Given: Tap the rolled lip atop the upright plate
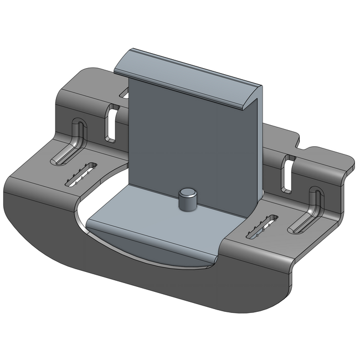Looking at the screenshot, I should [x=188, y=78].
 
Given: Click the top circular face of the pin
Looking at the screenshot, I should [x=187, y=194].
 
